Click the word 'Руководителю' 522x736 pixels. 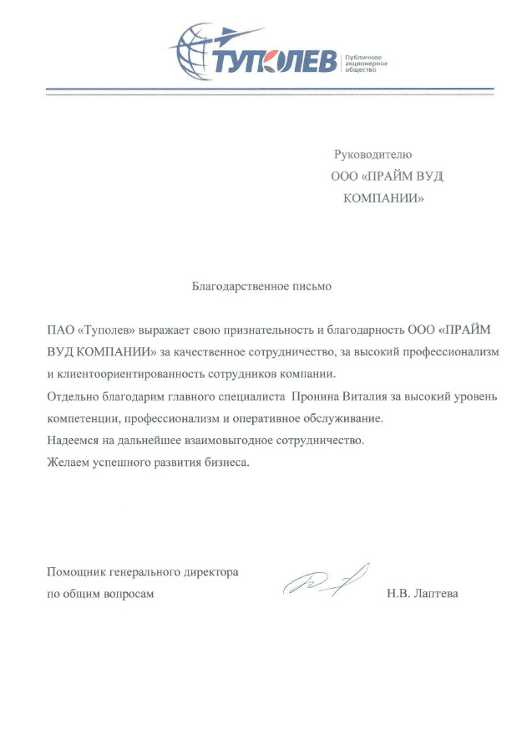click(x=373, y=155)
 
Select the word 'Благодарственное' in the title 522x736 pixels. click(x=232, y=286)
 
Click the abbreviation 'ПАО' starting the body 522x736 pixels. click(x=59, y=329)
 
